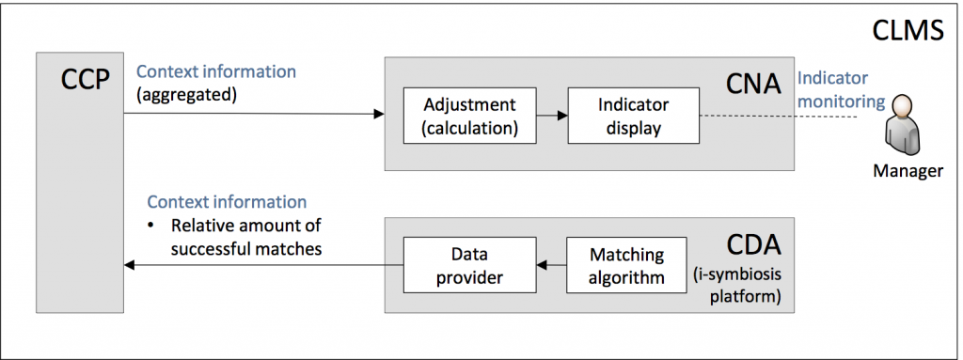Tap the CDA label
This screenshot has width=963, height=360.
point(752,247)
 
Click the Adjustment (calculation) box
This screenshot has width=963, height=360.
point(461,116)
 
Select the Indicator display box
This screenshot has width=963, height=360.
point(632,116)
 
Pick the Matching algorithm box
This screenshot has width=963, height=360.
point(626,265)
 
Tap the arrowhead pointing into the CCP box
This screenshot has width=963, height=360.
point(130,265)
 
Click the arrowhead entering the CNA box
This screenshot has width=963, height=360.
point(379,114)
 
